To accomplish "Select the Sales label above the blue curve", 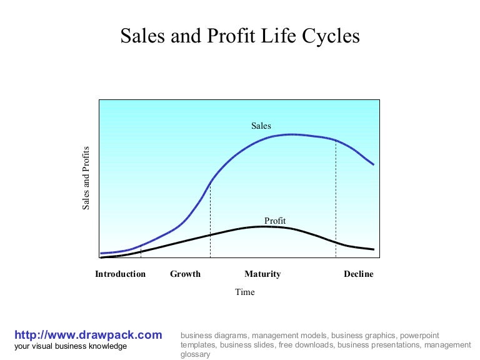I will tap(261, 126).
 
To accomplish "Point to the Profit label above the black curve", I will tap(275, 221).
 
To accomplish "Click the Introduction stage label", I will tap(120, 274).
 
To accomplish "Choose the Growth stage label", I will tap(185, 274).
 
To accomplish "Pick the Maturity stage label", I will tap(262, 274).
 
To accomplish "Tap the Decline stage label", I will tap(359, 274).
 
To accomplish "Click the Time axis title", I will tap(245, 292).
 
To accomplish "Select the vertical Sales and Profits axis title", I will tap(86, 178).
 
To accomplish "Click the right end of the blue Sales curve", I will tap(373, 164).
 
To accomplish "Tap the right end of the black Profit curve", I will tap(373, 249).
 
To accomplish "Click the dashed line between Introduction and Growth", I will tap(141, 251).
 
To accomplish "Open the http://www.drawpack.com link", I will tap(88, 335).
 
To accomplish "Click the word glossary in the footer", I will tap(195, 354).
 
